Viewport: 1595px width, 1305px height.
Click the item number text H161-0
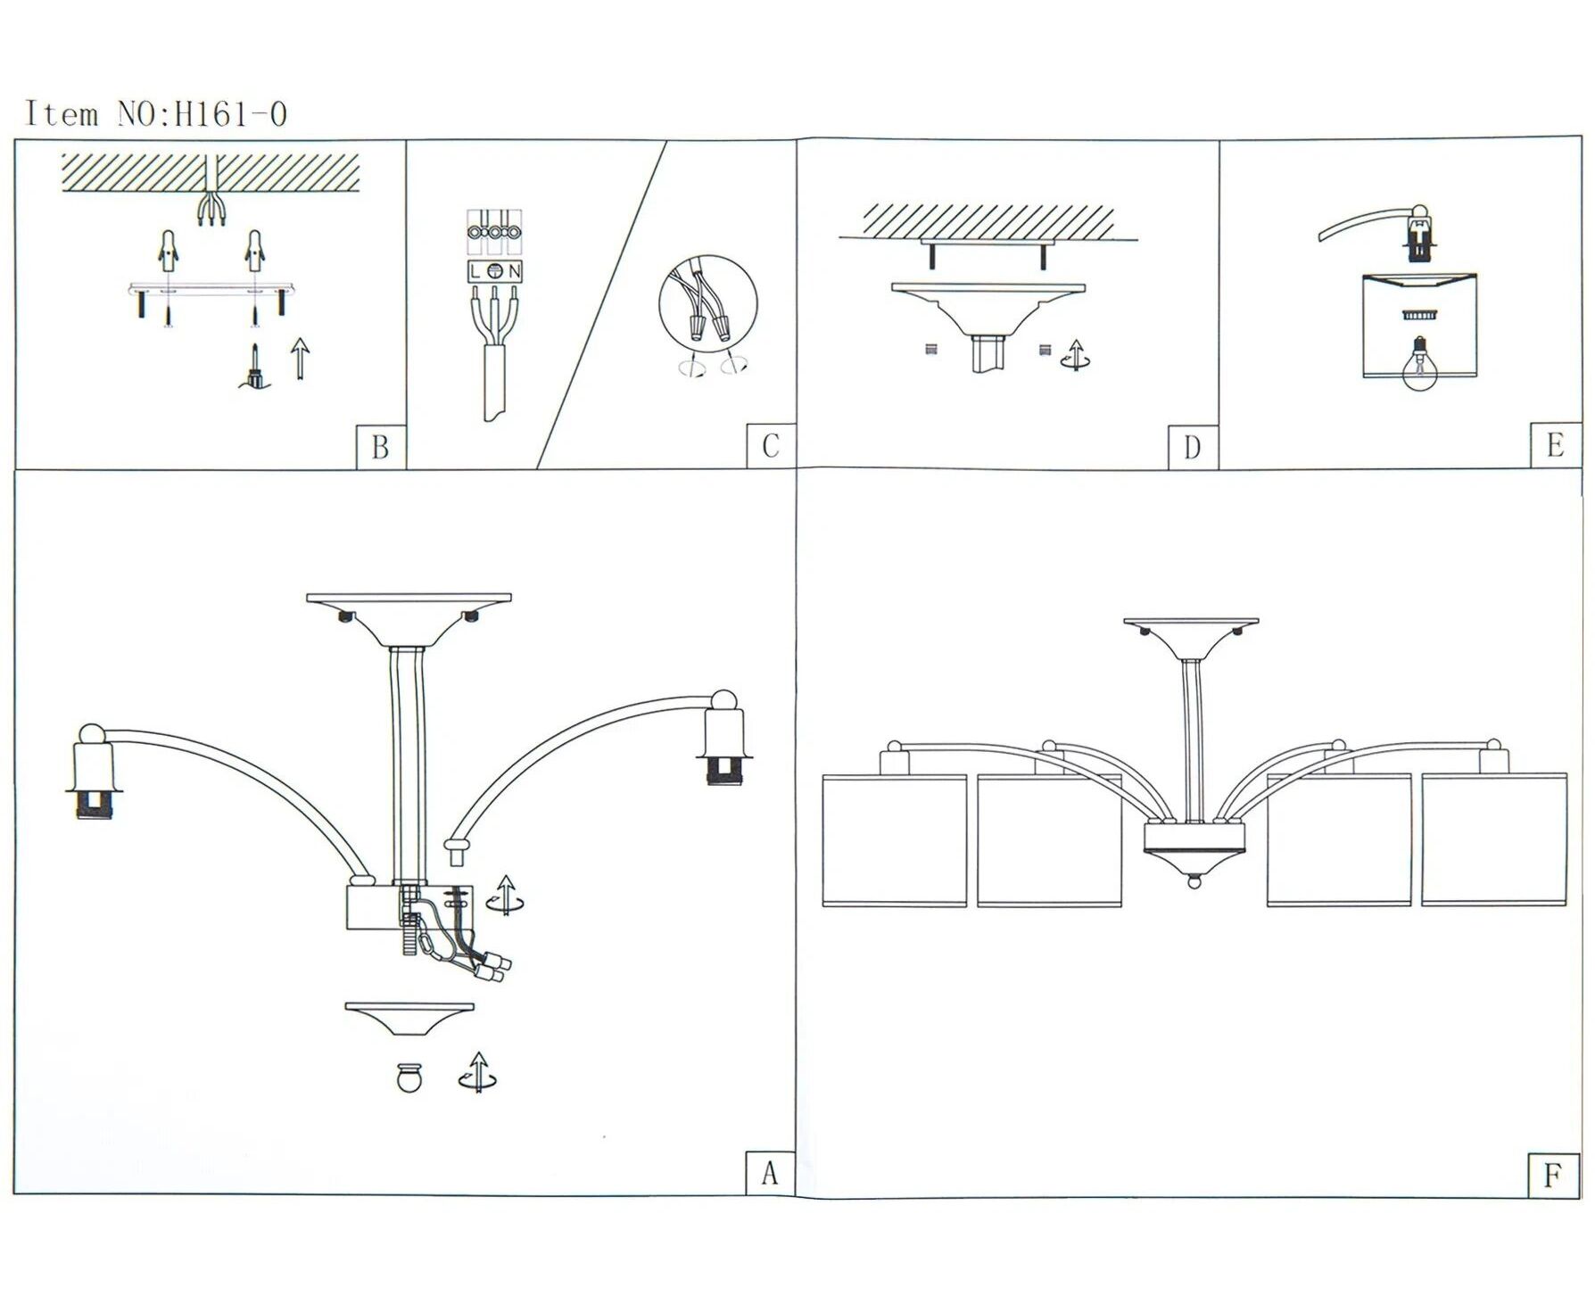[x=231, y=115]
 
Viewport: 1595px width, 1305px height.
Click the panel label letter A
[x=770, y=1173]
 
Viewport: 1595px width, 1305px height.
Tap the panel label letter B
[x=380, y=447]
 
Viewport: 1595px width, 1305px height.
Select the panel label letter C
[x=771, y=446]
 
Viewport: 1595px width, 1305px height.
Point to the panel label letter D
[x=1193, y=448]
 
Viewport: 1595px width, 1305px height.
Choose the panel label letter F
[x=1553, y=1176]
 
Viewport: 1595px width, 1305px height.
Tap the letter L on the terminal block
[x=475, y=271]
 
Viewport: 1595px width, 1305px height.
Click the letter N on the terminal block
[x=515, y=271]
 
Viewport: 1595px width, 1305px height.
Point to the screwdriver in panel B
[x=254, y=368]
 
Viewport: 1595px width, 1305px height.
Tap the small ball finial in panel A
[x=409, y=1078]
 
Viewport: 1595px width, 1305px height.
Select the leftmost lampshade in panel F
[x=895, y=840]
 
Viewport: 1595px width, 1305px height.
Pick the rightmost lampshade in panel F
[x=1494, y=840]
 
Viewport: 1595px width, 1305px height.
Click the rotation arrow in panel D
[x=1076, y=355]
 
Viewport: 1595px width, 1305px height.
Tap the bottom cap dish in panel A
[x=409, y=1020]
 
